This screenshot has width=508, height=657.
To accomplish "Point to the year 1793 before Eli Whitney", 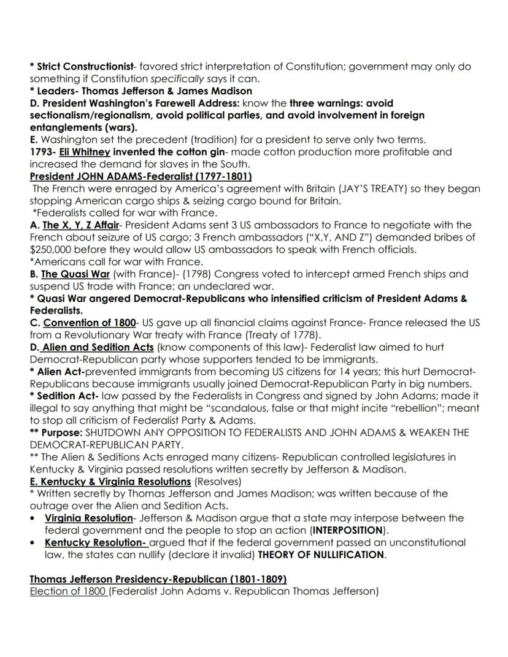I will tap(41, 152).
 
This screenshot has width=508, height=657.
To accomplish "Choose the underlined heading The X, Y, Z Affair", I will tap(80, 225).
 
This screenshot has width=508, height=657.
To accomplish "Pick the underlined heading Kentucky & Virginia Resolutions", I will tap(110, 482).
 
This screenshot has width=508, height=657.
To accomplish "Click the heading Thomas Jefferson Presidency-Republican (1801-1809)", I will tap(158, 579).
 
